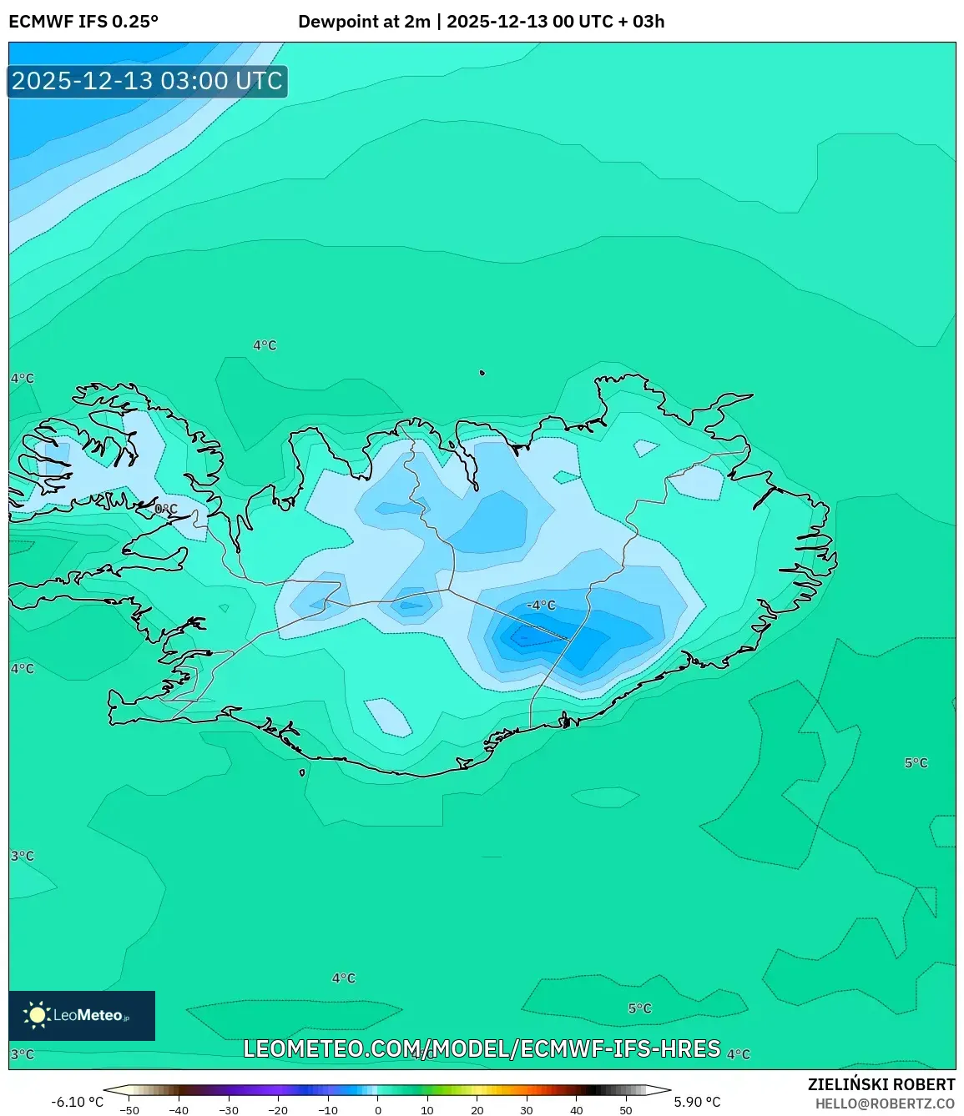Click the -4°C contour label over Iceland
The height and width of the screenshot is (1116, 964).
pyautogui.click(x=541, y=606)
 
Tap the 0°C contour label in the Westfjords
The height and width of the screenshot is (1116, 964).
pyautogui.click(x=166, y=509)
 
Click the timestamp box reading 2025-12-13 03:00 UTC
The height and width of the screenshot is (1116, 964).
pyautogui.click(x=147, y=82)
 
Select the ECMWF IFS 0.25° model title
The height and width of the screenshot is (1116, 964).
pyautogui.click(x=83, y=22)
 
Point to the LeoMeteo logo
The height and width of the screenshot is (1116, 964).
pyautogui.click(x=82, y=1015)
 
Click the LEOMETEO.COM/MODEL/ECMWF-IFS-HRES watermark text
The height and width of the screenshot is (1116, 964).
pyautogui.click(x=482, y=1048)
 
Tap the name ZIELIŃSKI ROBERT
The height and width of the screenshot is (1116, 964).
pyautogui.click(x=881, y=1084)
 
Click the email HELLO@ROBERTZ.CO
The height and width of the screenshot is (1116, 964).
pyautogui.click(x=885, y=1103)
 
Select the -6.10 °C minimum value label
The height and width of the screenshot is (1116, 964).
pyautogui.click(x=77, y=1102)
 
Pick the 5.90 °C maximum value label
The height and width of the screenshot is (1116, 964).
pyautogui.click(x=697, y=1102)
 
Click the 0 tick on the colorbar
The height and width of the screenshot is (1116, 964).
pyautogui.click(x=378, y=1110)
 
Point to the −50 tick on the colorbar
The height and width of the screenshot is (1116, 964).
pyautogui.click(x=129, y=1110)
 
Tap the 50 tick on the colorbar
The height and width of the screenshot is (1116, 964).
pyautogui.click(x=626, y=1110)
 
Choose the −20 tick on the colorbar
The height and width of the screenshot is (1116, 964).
pyautogui.click(x=278, y=1110)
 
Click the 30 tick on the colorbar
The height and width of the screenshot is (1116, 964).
pyautogui.click(x=527, y=1110)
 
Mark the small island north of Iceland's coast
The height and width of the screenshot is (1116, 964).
pyautogui.click(x=482, y=373)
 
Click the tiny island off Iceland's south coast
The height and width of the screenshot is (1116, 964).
pyautogui.click(x=302, y=772)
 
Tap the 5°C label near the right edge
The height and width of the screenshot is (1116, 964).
pyautogui.click(x=916, y=763)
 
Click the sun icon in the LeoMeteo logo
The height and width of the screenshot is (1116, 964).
pyautogui.click(x=37, y=1015)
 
